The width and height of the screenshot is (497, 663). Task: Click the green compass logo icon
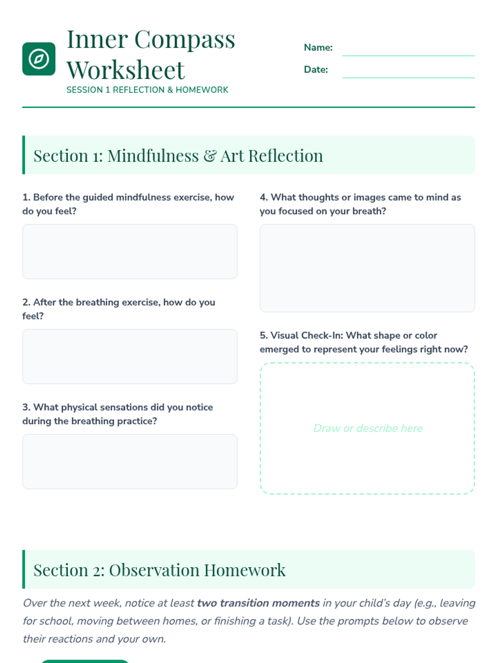(39, 59)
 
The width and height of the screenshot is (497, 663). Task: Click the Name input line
(408, 48)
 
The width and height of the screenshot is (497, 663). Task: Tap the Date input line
(408, 71)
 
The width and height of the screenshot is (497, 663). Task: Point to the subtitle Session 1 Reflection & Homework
(147, 90)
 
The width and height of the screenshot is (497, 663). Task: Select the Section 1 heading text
(178, 156)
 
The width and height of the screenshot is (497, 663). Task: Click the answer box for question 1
(130, 252)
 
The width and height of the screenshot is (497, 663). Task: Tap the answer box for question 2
(130, 356)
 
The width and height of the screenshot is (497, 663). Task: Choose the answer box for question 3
(130, 461)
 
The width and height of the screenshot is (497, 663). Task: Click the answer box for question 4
(367, 268)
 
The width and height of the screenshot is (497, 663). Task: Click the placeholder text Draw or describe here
(368, 428)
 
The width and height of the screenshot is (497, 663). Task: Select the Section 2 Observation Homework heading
(159, 570)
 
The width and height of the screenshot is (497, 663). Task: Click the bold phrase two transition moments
(258, 603)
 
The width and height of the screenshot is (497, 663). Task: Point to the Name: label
(318, 48)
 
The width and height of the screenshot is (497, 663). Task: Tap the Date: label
(316, 70)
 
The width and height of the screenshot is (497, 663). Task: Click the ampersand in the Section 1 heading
(210, 156)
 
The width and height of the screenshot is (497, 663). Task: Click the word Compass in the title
(184, 39)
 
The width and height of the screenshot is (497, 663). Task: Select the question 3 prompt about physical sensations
(118, 414)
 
